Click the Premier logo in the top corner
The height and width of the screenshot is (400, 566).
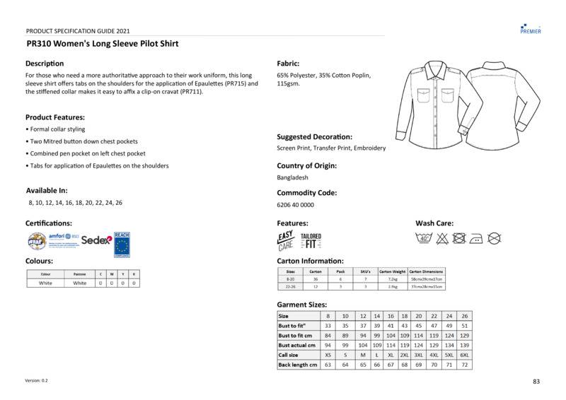click(x=530, y=29)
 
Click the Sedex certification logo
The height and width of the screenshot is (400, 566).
click(x=96, y=240)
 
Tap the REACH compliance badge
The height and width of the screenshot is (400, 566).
click(x=122, y=242)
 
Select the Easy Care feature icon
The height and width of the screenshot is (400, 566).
click(x=285, y=241)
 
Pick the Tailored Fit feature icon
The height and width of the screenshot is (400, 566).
click(x=311, y=241)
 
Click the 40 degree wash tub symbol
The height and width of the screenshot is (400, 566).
click(x=424, y=238)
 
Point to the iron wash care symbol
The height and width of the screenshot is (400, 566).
click(x=478, y=238)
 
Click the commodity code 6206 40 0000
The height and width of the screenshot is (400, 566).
click(x=295, y=205)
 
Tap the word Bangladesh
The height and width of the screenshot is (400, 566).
click(x=293, y=178)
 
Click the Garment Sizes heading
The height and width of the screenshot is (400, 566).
click(x=301, y=304)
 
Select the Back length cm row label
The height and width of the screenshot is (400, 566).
click(x=297, y=365)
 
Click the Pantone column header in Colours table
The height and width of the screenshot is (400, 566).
click(x=80, y=273)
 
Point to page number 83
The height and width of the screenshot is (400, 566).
click(x=536, y=382)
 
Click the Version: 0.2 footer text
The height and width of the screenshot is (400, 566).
click(x=37, y=380)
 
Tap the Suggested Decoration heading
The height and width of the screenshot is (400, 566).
click(x=314, y=136)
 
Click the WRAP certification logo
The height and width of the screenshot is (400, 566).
click(x=36, y=241)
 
